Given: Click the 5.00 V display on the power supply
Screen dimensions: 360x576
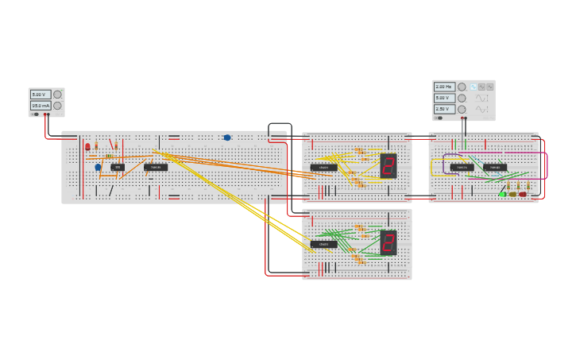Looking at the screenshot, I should click(40, 95).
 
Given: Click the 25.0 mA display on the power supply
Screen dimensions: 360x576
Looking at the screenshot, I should click(40, 106).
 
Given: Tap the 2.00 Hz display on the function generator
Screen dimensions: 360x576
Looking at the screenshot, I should click(444, 87).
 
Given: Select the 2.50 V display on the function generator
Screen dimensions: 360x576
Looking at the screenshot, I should click(444, 109).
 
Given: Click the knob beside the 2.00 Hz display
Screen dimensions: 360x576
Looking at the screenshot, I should click(462, 87).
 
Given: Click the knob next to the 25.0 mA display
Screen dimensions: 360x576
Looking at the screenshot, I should click(57, 106).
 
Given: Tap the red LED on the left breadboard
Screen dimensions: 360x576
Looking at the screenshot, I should click(87, 146).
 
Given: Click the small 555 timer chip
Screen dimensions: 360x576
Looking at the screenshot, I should click(118, 167).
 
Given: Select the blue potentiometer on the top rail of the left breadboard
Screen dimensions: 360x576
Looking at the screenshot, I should click(227, 137).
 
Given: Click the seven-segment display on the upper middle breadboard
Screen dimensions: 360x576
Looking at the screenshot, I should click(389, 165).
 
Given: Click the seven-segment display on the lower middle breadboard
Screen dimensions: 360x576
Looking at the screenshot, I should click(389, 242).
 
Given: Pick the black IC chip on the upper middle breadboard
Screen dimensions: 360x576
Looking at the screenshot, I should click(323, 168).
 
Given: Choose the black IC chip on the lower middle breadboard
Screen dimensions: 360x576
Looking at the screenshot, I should click(323, 245).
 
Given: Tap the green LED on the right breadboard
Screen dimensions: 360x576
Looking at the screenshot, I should click(502, 194).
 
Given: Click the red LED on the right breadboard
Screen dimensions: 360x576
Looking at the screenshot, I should click(523, 194).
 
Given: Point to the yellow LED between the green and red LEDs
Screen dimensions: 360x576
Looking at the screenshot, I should click(512, 194).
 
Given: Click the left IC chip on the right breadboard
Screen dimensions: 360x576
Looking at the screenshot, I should click(462, 167).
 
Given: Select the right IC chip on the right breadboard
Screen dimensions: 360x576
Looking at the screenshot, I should click(495, 167).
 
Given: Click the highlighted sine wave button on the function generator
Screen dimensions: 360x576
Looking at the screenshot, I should click(473, 87).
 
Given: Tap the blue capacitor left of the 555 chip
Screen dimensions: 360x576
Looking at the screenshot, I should click(98, 167).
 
